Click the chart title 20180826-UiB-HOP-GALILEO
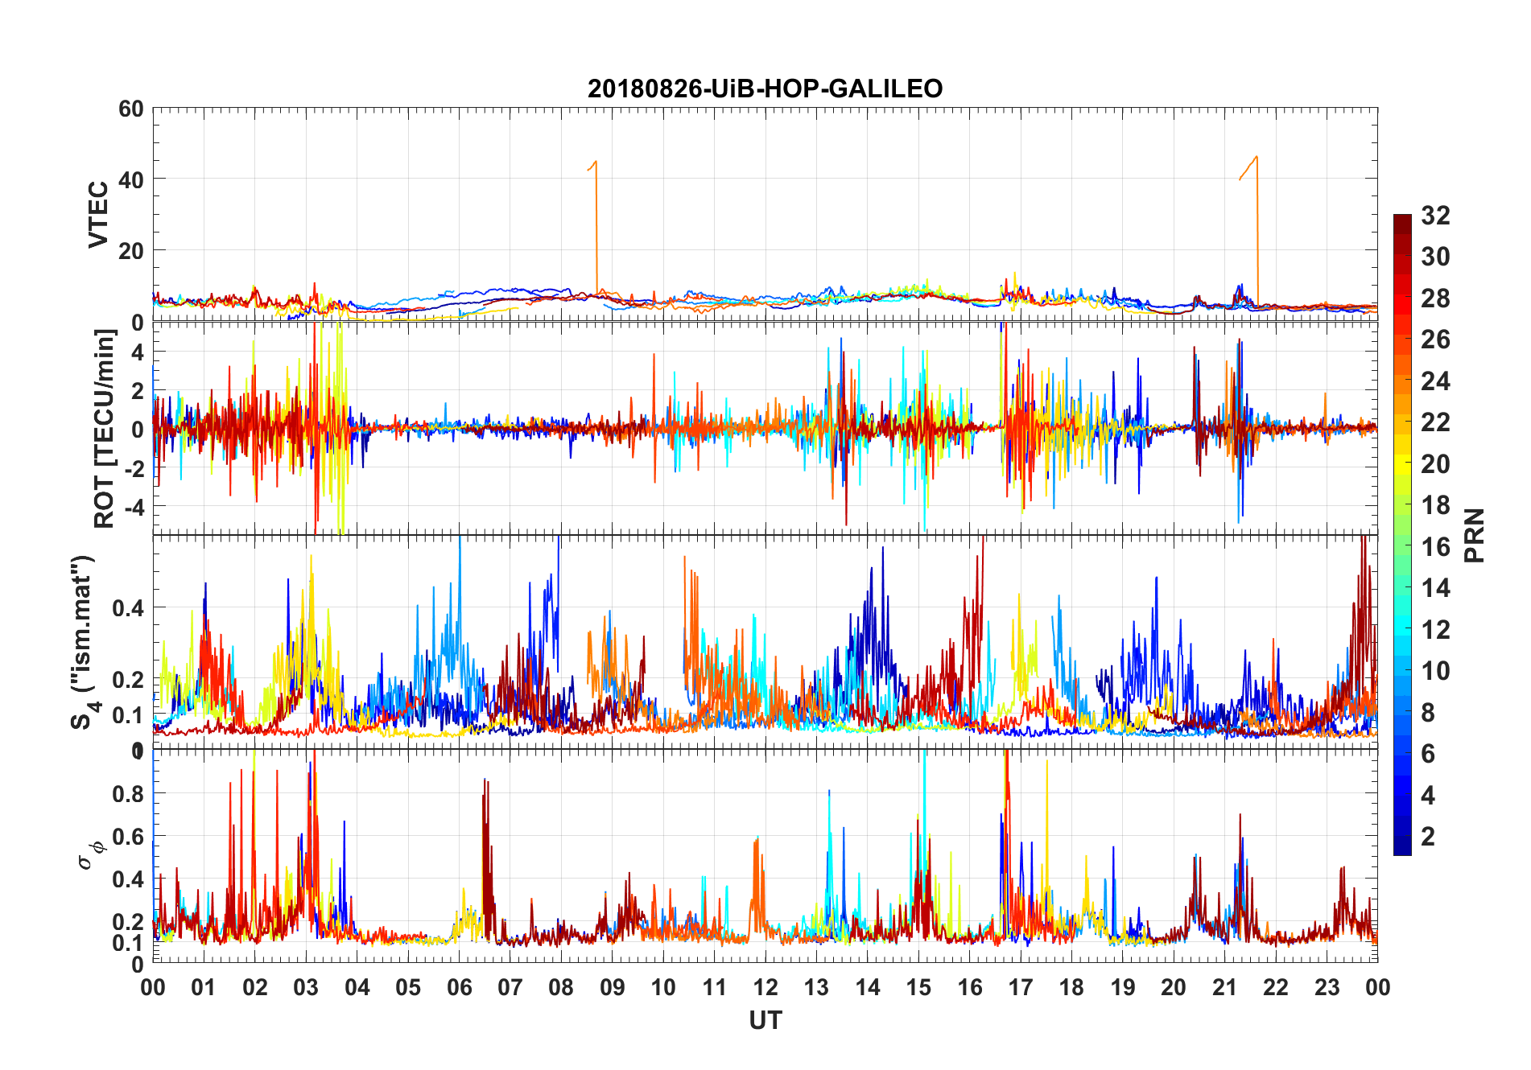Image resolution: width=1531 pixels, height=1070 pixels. (765, 88)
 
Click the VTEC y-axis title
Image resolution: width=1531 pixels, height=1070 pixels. (98, 215)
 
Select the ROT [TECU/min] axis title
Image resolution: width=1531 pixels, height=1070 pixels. (105, 428)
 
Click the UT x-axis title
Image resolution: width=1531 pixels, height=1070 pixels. (765, 1020)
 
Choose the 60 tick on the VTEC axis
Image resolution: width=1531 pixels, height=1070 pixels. (131, 109)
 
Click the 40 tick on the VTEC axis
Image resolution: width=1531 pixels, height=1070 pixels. (131, 179)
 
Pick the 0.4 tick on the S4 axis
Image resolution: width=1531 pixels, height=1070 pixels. (128, 607)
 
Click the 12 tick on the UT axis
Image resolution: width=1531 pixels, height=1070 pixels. (765, 987)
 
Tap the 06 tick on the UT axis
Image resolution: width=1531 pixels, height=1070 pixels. (459, 987)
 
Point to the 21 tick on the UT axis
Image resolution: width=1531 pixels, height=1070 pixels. (1224, 987)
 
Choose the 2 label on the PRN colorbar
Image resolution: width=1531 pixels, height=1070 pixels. (1428, 837)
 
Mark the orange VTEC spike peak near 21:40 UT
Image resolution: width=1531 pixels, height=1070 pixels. (1257, 158)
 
